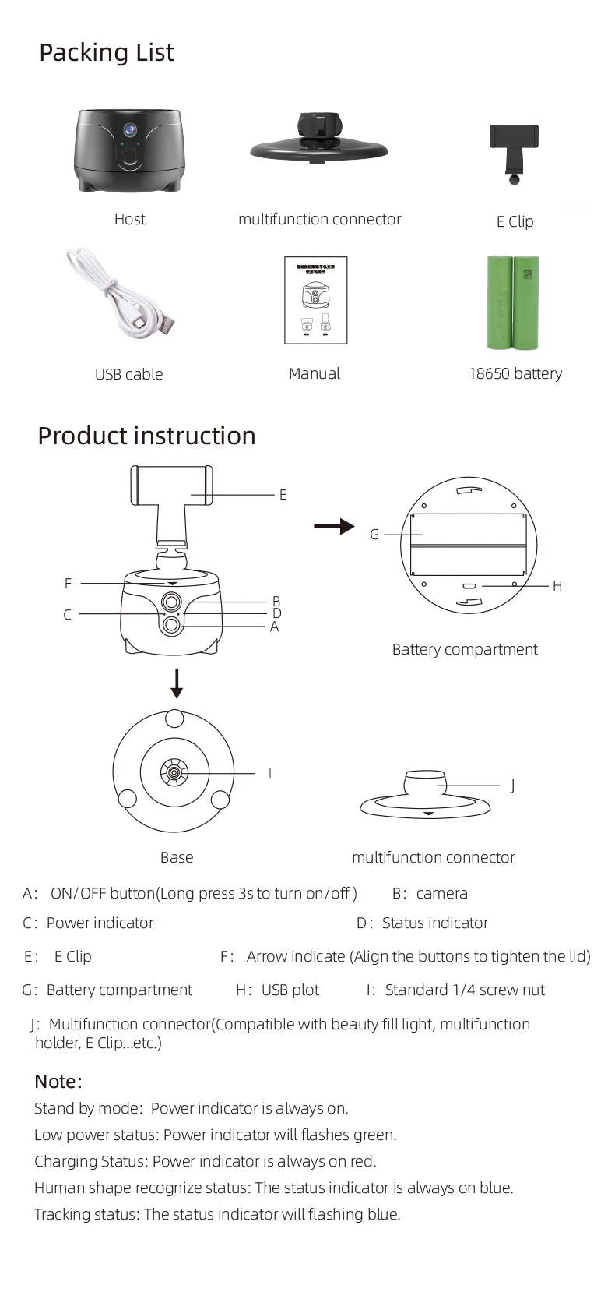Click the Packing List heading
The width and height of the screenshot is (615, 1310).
[x=107, y=53]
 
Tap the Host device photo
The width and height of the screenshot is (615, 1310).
[x=129, y=150]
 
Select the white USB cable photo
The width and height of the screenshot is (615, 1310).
[x=121, y=293]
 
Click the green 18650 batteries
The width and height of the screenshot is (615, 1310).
[x=514, y=302]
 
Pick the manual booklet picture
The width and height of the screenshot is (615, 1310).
[x=315, y=300]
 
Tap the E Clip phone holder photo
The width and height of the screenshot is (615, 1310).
[x=514, y=152]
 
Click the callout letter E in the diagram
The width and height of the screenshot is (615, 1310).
[x=283, y=495]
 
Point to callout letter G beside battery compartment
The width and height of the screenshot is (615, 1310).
[x=374, y=535]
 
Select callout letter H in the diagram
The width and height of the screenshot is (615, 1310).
[x=557, y=586]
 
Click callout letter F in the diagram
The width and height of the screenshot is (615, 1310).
[x=68, y=583]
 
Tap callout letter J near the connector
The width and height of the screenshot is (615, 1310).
[x=512, y=786]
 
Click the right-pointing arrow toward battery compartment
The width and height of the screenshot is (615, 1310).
[x=334, y=527]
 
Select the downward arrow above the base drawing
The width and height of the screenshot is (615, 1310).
[x=177, y=683]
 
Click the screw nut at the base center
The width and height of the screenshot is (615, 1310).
[x=174, y=773]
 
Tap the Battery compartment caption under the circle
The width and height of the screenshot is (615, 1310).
[x=465, y=650]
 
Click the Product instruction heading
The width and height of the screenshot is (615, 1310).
[x=146, y=436]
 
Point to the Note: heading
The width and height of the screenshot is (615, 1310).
[x=58, y=1082]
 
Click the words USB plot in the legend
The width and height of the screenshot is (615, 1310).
[x=290, y=990]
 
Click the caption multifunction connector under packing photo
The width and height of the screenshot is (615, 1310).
[x=319, y=220]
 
